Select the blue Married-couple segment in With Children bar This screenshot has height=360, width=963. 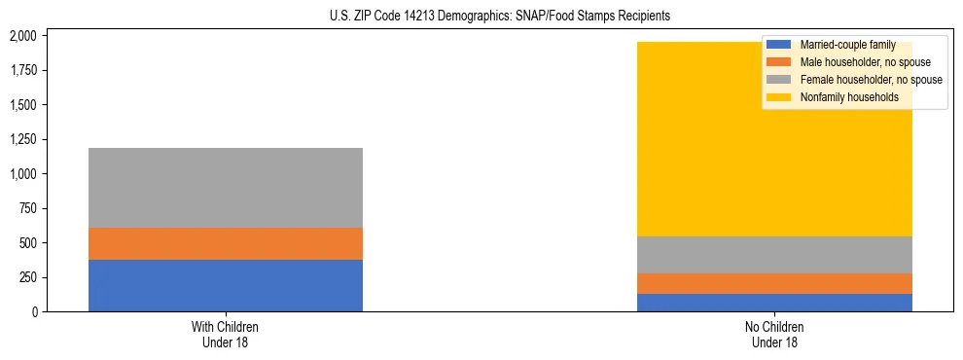[x=226, y=285]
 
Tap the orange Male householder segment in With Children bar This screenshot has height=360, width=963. [x=226, y=243]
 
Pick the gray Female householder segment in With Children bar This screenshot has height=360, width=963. [x=226, y=188]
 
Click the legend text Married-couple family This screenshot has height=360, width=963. [x=847, y=45]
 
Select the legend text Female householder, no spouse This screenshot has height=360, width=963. [x=871, y=80]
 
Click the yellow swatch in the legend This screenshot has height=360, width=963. [x=779, y=97]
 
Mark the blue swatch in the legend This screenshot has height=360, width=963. [x=779, y=45]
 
